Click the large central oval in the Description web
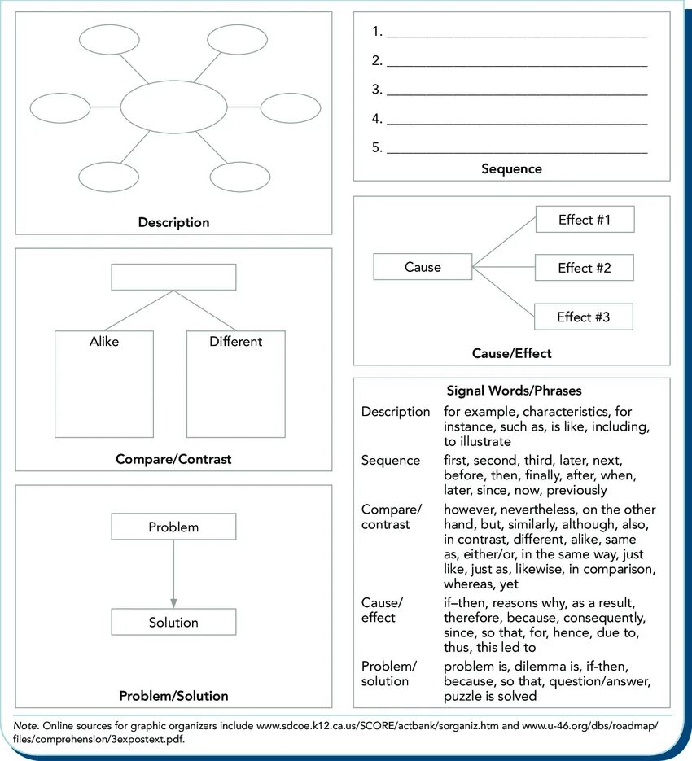click(173, 107)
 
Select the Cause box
click(423, 267)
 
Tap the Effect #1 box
click(584, 220)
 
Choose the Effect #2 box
click(584, 268)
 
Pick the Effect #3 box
click(583, 317)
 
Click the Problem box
click(173, 527)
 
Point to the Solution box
click(173, 623)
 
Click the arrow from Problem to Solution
click(173, 574)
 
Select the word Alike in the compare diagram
click(104, 342)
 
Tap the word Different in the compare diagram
click(235, 342)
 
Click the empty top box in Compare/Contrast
click(173, 277)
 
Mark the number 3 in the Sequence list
click(377, 90)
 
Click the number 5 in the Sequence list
click(377, 148)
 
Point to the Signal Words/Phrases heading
click(514, 391)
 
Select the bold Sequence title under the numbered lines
click(511, 169)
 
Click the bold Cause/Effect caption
click(511, 353)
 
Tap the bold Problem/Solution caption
click(173, 696)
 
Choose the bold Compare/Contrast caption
click(173, 459)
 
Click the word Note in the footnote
click(26, 724)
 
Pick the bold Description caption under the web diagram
click(173, 222)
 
